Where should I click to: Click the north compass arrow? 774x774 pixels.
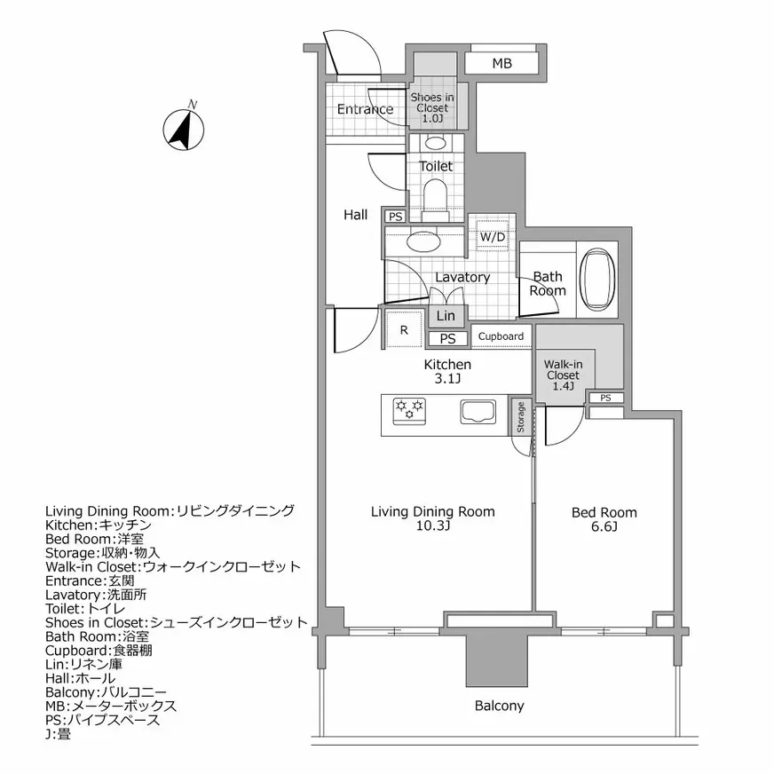coord(184,130)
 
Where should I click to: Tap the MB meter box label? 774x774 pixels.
coord(502,63)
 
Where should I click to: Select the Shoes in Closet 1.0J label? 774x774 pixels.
coord(431,107)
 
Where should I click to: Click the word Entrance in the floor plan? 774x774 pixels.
coord(365,110)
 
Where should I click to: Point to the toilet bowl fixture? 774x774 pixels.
coord(435,193)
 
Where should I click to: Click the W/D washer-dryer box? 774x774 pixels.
coord(492,237)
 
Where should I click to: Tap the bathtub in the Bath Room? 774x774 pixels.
coord(597,276)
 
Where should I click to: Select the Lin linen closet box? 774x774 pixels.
coord(446,316)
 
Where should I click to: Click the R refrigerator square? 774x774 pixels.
coord(404,329)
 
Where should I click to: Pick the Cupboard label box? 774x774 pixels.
coord(501,336)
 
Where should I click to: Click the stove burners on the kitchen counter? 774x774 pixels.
coord(409,409)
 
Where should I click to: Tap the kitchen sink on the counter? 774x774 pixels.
coord(480,412)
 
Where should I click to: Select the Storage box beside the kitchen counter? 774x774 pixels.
coord(520,418)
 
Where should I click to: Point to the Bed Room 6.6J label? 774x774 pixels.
coord(604,519)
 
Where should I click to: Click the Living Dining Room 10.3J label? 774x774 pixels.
coord(432,518)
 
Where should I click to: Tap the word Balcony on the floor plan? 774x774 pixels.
coord(499,707)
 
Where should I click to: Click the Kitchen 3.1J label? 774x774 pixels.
coord(446,372)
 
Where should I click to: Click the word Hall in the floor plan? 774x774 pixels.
coord(356,214)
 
